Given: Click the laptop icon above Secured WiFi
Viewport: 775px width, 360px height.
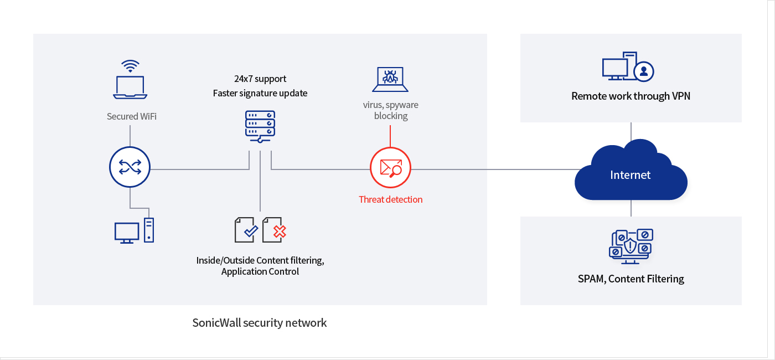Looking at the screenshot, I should point(130,88).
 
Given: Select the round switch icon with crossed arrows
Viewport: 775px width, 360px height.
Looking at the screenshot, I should point(130,167).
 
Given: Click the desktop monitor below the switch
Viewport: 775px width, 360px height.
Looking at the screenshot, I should point(127,232).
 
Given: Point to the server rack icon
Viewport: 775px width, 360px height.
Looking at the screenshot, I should point(260,126).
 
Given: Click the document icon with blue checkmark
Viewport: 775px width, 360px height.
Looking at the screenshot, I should point(246,229).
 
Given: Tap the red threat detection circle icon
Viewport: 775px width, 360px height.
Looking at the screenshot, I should point(390,167).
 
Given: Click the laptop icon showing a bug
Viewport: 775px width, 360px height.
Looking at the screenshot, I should point(390,80).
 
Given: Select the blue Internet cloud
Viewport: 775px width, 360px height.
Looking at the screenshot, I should point(631,173).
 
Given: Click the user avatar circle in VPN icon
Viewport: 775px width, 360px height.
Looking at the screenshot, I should point(644,71).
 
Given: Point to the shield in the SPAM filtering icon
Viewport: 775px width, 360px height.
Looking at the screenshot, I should point(630,245).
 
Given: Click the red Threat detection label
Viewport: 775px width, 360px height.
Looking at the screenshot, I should point(390,199).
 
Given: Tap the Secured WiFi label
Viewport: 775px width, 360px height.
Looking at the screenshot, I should point(132,116).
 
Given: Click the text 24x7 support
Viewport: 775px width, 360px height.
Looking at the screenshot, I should point(260,79).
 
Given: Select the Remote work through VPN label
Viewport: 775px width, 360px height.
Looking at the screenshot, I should point(631,96).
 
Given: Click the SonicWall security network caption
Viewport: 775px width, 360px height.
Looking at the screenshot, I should point(260,322).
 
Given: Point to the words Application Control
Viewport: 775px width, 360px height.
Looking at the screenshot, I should point(260,271).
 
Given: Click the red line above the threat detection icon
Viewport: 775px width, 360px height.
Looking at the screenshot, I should point(390,136).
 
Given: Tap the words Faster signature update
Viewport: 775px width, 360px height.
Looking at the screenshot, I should point(260,93).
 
